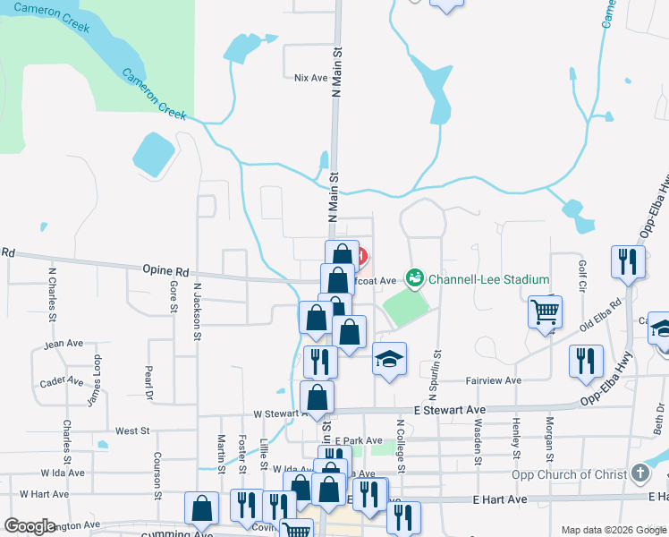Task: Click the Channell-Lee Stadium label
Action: tap(488, 279)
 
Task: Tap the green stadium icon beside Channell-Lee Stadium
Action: tap(414, 279)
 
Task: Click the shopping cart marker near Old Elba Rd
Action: tap(545, 312)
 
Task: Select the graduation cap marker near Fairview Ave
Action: tap(389, 359)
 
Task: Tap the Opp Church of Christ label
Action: tap(570, 473)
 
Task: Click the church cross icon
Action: tap(639, 473)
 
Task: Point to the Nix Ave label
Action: tap(311, 78)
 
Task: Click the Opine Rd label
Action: tap(165, 269)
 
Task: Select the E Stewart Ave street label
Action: tap(449, 409)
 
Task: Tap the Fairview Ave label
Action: tap(494, 380)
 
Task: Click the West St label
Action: tap(132, 431)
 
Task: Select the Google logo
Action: tap(30, 525)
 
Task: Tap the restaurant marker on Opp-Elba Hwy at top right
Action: tap(626, 260)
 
